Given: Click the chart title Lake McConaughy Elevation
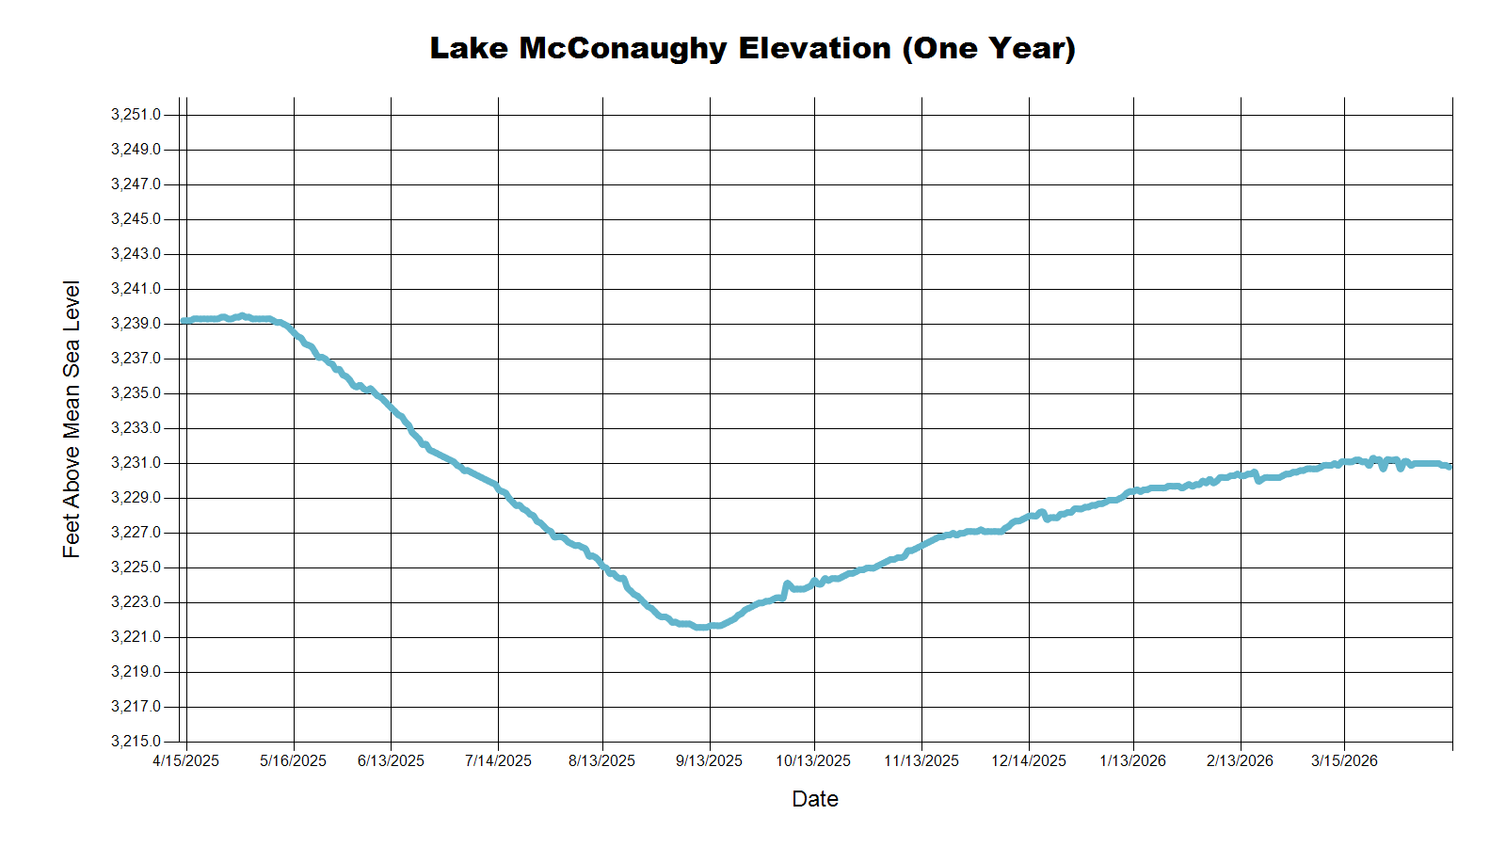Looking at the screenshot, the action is [660, 48].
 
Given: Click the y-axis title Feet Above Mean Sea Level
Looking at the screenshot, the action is [72, 420].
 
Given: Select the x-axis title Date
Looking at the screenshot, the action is [815, 799].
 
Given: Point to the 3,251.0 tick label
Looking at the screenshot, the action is [136, 114].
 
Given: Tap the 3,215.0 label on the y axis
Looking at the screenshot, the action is [136, 741].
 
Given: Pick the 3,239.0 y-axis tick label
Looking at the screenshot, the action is [136, 324].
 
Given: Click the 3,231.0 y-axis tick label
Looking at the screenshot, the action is [136, 462].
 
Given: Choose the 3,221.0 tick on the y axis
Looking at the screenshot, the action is [136, 636].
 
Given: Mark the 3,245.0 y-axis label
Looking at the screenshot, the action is [136, 218].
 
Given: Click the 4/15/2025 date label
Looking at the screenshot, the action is [186, 761].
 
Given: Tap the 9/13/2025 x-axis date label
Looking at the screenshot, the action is [710, 761].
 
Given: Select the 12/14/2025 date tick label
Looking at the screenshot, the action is [1029, 761].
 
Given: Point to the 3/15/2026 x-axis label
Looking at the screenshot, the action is [1345, 761].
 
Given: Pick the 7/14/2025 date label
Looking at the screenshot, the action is [498, 761].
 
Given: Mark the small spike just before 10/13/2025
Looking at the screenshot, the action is [787, 584].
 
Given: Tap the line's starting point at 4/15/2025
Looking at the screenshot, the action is [183, 321].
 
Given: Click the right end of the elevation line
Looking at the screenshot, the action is [1450, 467].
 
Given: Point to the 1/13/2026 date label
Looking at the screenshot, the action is [1133, 761].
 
